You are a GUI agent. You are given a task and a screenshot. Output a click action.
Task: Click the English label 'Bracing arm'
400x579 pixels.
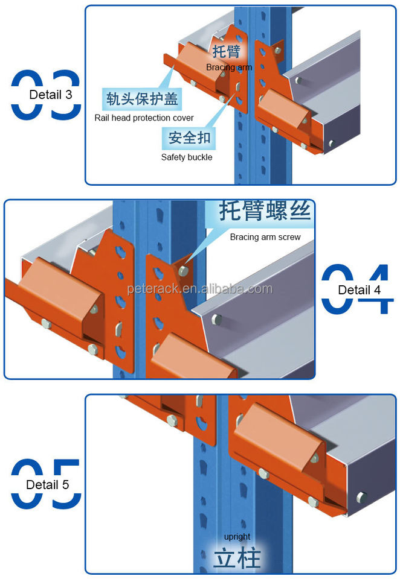[x=229, y=67]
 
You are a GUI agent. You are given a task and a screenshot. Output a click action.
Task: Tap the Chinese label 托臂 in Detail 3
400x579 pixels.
[x=226, y=51]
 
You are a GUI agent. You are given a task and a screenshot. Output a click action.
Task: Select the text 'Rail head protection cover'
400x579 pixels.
[x=144, y=118]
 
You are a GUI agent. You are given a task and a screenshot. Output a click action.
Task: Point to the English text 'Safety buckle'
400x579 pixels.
[x=187, y=157]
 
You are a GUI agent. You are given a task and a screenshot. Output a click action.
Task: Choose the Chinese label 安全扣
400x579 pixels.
[x=189, y=138]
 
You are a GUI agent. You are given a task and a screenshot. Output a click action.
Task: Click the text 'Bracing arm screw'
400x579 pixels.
[x=265, y=237]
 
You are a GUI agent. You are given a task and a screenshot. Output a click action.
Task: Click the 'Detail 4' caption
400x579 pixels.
[x=360, y=290]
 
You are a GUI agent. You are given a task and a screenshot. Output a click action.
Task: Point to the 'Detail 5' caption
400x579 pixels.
[x=48, y=484]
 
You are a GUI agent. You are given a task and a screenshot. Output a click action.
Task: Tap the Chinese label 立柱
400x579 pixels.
[x=236, y=558]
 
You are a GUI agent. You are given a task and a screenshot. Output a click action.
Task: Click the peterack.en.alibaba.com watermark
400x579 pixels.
[x=200, y=289]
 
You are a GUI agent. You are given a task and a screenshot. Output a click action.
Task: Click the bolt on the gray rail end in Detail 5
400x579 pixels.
[x=361, y=497]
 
